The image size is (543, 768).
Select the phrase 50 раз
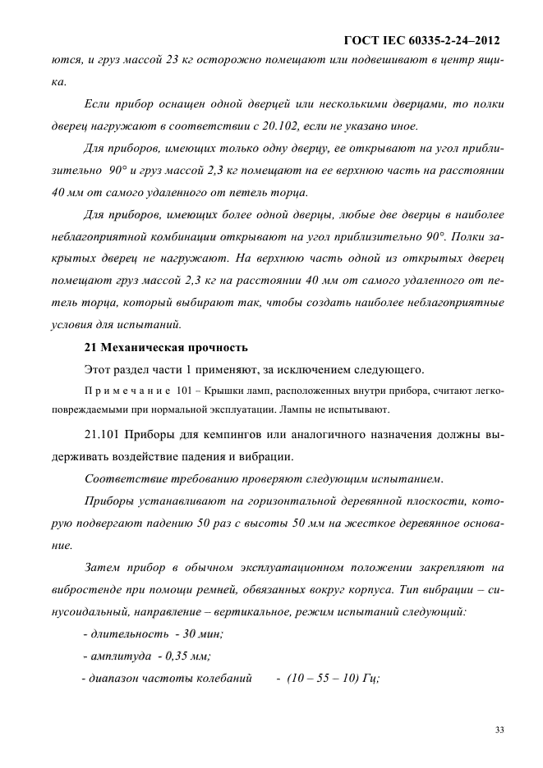[206, 522]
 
